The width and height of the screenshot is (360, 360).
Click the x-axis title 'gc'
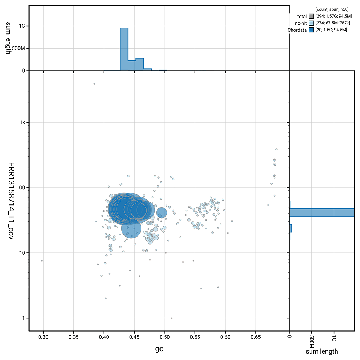[x=159, y=349]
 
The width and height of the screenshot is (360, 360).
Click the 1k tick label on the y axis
[x=22, y=122]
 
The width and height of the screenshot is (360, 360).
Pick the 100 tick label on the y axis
[x=21, y=188]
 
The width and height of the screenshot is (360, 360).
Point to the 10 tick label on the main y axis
[x=22, y=253]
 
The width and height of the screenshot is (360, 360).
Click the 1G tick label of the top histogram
[x=22, y=26]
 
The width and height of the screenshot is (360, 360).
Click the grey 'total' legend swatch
[x=310, y=16]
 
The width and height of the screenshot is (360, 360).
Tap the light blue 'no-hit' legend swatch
[x=310, y=23]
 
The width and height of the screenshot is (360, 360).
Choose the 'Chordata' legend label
[x=297, y=30]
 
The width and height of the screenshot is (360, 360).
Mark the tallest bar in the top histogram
[x=124, y=49]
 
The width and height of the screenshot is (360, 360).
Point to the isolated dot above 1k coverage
[x=94, y=84]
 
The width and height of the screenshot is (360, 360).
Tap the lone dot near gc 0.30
[x=42, y=261]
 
